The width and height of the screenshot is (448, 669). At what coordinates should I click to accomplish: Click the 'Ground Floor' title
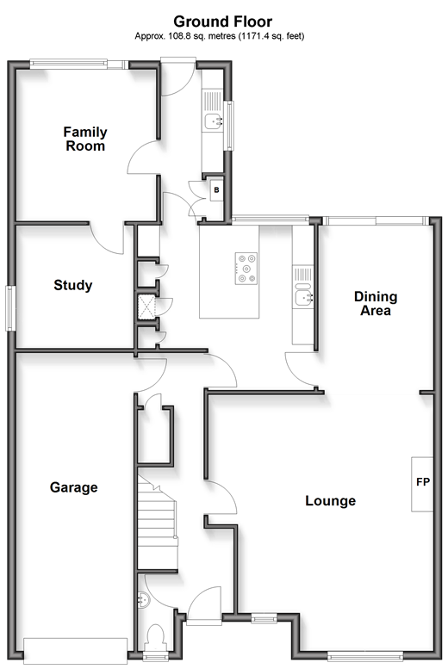(222, 22)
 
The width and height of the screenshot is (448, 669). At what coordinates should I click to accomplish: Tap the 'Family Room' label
(85, 139)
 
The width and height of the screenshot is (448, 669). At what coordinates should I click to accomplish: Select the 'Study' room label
(73, 285)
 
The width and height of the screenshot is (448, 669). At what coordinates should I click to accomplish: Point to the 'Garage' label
(73, 487)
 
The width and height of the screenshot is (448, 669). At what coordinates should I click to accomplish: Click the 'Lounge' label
(330, 500)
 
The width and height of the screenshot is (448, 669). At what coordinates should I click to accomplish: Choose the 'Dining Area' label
(376, 303)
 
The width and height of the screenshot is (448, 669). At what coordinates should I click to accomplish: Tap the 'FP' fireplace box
(422, 484)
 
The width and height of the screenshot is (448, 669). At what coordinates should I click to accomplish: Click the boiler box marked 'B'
(216, 190)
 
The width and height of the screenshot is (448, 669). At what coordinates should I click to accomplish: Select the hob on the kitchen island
(246, 269)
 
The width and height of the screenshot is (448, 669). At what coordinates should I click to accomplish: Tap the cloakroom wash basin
(144, 600)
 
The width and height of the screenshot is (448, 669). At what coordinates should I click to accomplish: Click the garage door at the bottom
(76, 650)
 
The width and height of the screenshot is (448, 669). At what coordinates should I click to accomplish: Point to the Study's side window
(10, 308)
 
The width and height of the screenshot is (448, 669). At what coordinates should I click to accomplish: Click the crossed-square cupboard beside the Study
(146, 307)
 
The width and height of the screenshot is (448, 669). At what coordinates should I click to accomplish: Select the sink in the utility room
(213, 121)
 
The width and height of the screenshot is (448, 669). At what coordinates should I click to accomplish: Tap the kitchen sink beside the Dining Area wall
(302, 297)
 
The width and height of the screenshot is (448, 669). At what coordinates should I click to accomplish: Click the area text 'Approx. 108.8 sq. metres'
(185, 36)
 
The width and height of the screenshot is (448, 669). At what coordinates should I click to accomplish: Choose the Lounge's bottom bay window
(365, 656)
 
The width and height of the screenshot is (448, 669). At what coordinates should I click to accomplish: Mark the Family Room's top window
(79, 64)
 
